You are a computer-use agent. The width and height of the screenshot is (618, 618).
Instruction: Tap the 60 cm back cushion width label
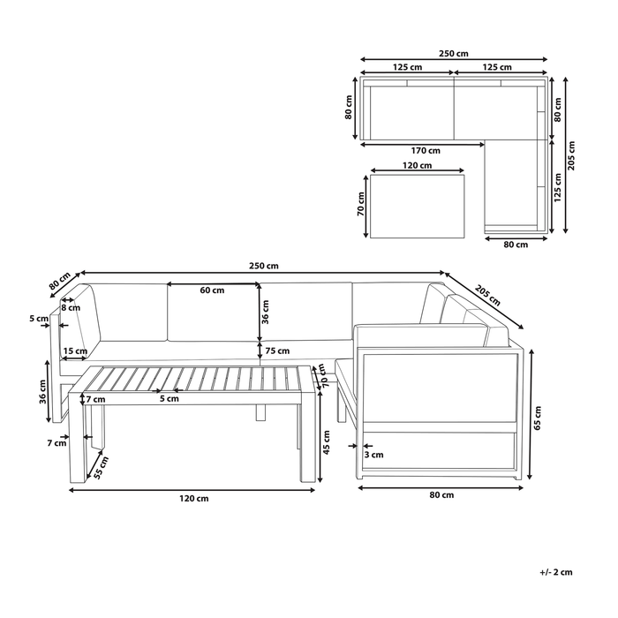pos(211,290)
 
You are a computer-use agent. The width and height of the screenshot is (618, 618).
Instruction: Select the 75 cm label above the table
pos(277,350)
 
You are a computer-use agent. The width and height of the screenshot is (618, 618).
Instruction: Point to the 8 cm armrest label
pos(71,308)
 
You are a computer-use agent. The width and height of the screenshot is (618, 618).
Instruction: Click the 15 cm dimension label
pos(75,351)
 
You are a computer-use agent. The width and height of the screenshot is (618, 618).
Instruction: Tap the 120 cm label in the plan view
pos(418,165)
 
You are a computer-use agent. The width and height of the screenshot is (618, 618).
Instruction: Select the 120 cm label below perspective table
pos(194,499)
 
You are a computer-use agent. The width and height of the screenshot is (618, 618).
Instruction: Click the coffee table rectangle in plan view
pos(419,205)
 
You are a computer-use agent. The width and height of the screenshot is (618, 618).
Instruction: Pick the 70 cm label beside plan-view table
pos(361,205)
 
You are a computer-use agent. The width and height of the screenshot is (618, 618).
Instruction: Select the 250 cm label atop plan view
pos(455,54)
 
